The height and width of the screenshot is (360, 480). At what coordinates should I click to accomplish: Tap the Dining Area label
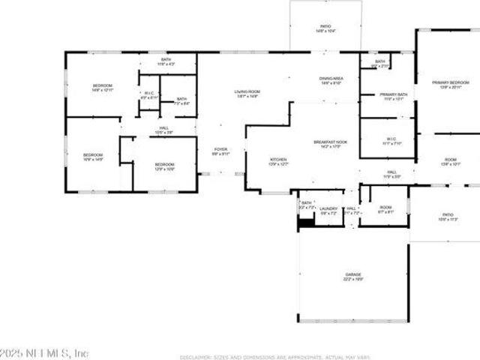tap(331, 80)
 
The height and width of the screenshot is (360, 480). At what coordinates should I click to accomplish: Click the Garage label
tap(354, 277)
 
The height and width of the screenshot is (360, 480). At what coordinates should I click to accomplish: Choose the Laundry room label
tap(328, 211)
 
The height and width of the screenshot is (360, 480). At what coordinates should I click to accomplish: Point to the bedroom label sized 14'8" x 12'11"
tap(102, 88)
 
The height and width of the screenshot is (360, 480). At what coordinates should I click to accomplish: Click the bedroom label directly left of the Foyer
tap(165, 166)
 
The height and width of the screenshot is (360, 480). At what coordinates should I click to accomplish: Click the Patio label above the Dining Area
tap(325, 28)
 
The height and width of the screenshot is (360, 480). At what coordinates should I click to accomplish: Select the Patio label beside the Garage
tap(447, 217)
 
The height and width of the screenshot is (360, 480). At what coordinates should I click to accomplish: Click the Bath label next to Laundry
tap(306, 205)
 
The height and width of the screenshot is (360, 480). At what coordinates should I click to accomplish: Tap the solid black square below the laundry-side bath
tap(305, 221)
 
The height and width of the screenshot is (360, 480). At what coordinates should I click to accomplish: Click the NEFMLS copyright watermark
tap(44, 352)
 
